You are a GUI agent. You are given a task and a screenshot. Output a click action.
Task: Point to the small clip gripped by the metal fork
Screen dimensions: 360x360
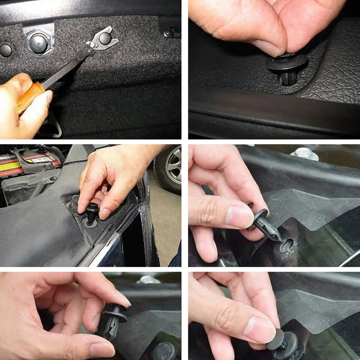[x=105, y=38]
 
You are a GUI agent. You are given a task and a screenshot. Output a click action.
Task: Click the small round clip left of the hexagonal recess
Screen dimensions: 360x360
[x=5, y=50]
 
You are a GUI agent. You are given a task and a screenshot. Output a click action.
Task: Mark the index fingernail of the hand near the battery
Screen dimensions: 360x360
[x=104, y=214]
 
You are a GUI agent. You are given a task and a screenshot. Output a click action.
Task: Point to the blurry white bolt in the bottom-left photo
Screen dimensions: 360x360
[x=148, y=279]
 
